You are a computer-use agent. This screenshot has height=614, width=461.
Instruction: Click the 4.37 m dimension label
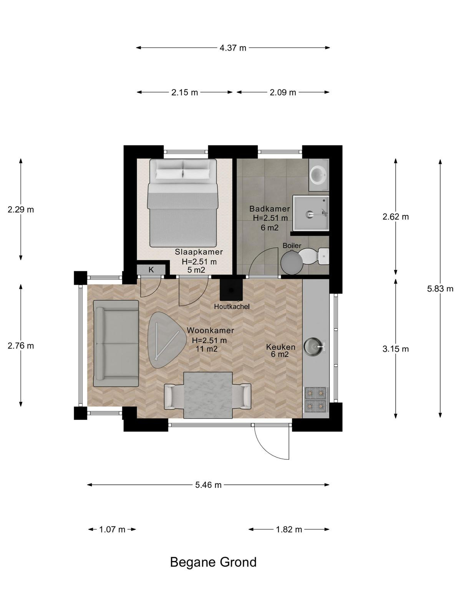click(232, 48)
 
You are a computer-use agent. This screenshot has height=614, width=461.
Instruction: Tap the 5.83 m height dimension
click(440, 289)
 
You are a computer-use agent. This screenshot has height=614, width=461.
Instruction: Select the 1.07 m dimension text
click(112, 529)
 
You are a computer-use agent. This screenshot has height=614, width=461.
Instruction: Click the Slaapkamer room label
click(199, 252)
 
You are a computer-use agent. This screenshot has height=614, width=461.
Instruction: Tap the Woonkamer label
click(210, 330)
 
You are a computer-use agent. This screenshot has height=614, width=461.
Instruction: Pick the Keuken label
click(280, 347)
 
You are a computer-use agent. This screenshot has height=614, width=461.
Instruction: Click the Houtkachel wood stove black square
click(231, 290)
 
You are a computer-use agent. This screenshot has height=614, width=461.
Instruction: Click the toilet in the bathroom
click(313, 256)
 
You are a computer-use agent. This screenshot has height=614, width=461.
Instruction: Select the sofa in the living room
click(116, 343)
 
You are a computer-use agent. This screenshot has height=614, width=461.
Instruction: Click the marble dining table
click(208, 395)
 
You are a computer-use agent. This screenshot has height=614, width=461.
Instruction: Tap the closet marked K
click(151, 270)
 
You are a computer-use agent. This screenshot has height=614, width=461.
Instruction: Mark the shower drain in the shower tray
click(309, 214)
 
